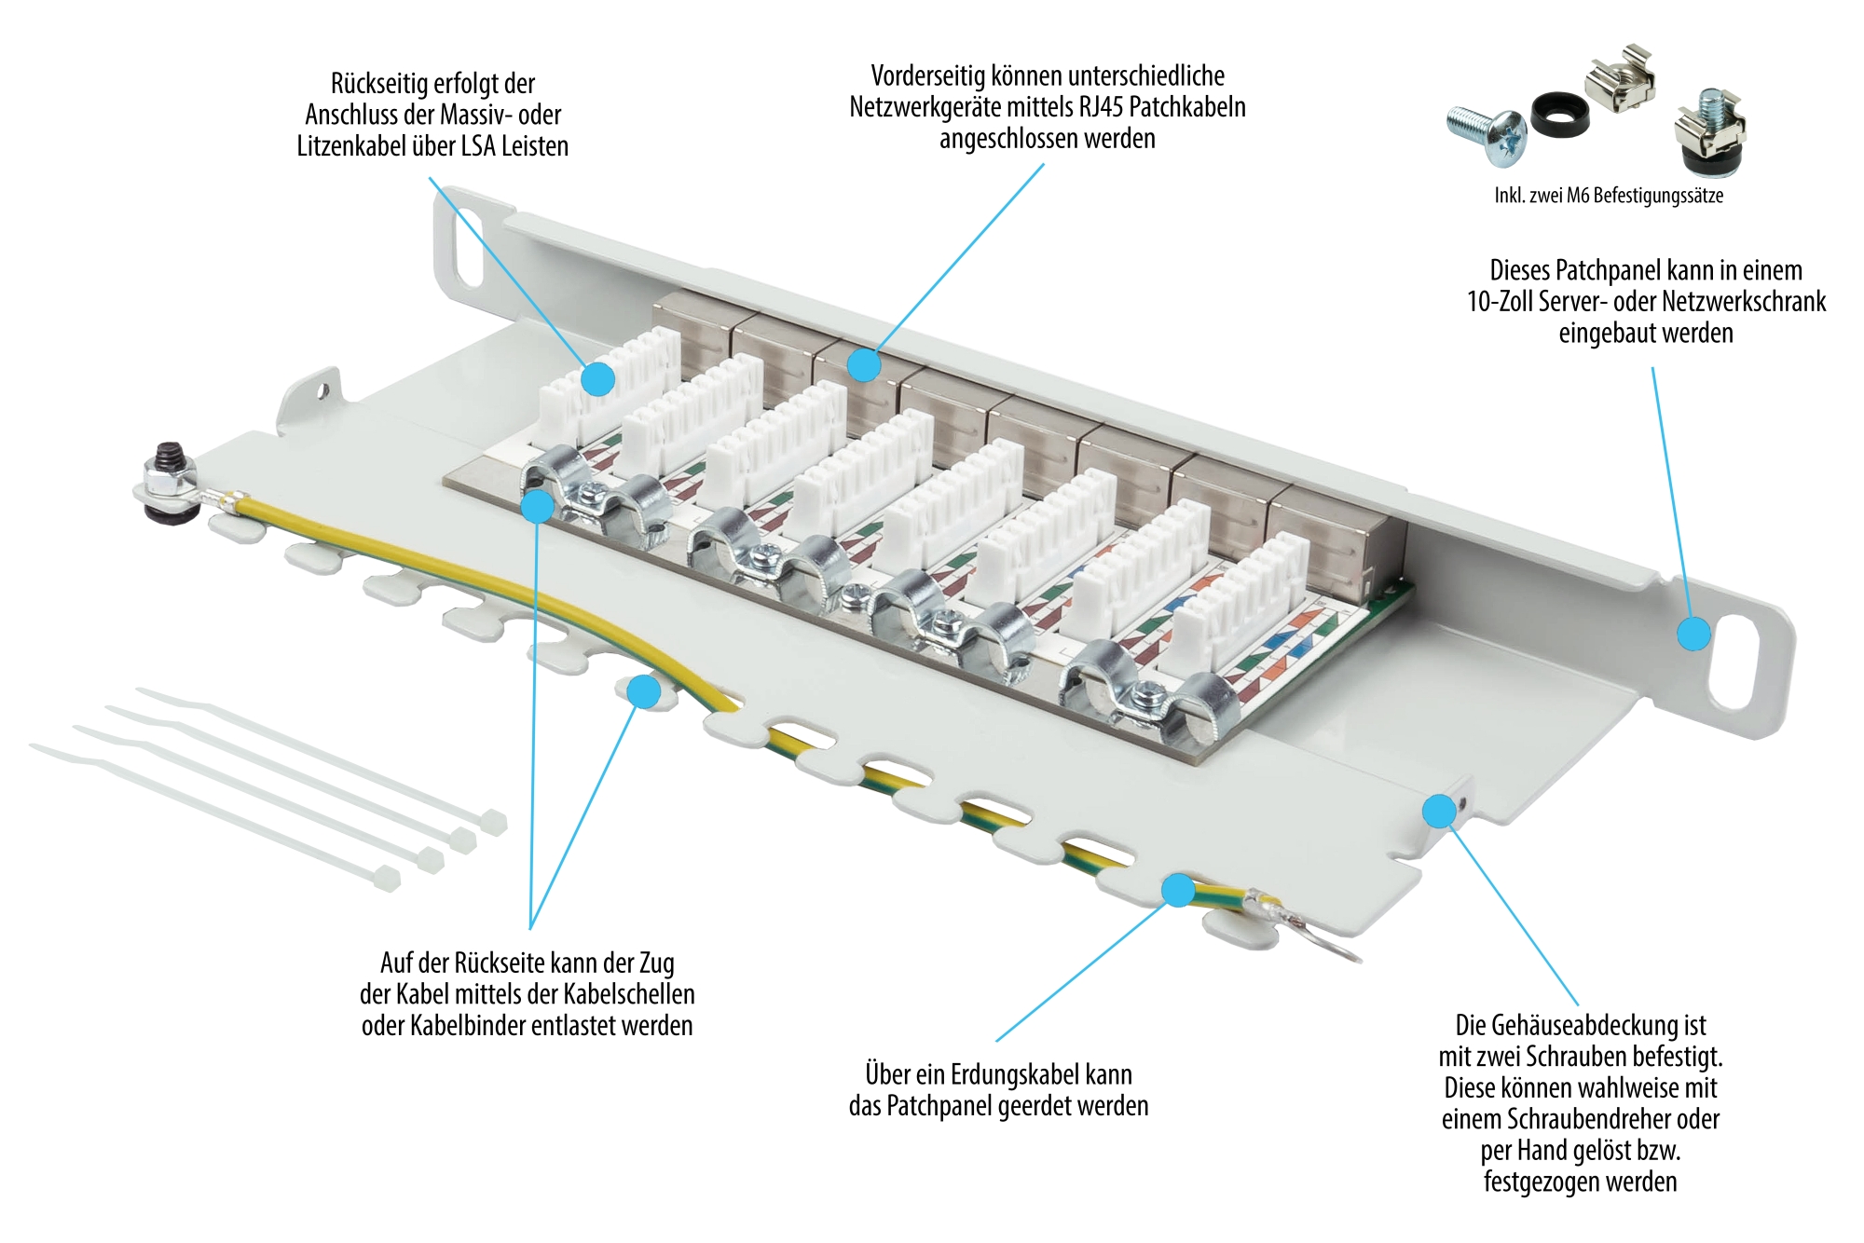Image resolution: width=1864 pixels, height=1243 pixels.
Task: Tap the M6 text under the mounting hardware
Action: click(1577, 196)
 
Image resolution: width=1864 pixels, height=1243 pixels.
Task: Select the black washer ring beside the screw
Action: click(1557, 114)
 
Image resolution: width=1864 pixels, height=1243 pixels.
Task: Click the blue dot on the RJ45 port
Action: click(864, 364)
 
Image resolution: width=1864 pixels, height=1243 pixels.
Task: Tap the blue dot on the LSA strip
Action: click(598, 379)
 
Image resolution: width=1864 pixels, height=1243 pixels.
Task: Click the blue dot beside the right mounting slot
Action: click(1693, 634)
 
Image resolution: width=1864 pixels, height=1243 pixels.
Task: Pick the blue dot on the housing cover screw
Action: click(1439, 811)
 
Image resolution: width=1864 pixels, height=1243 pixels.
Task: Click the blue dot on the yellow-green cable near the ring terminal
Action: click(1178, 890)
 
